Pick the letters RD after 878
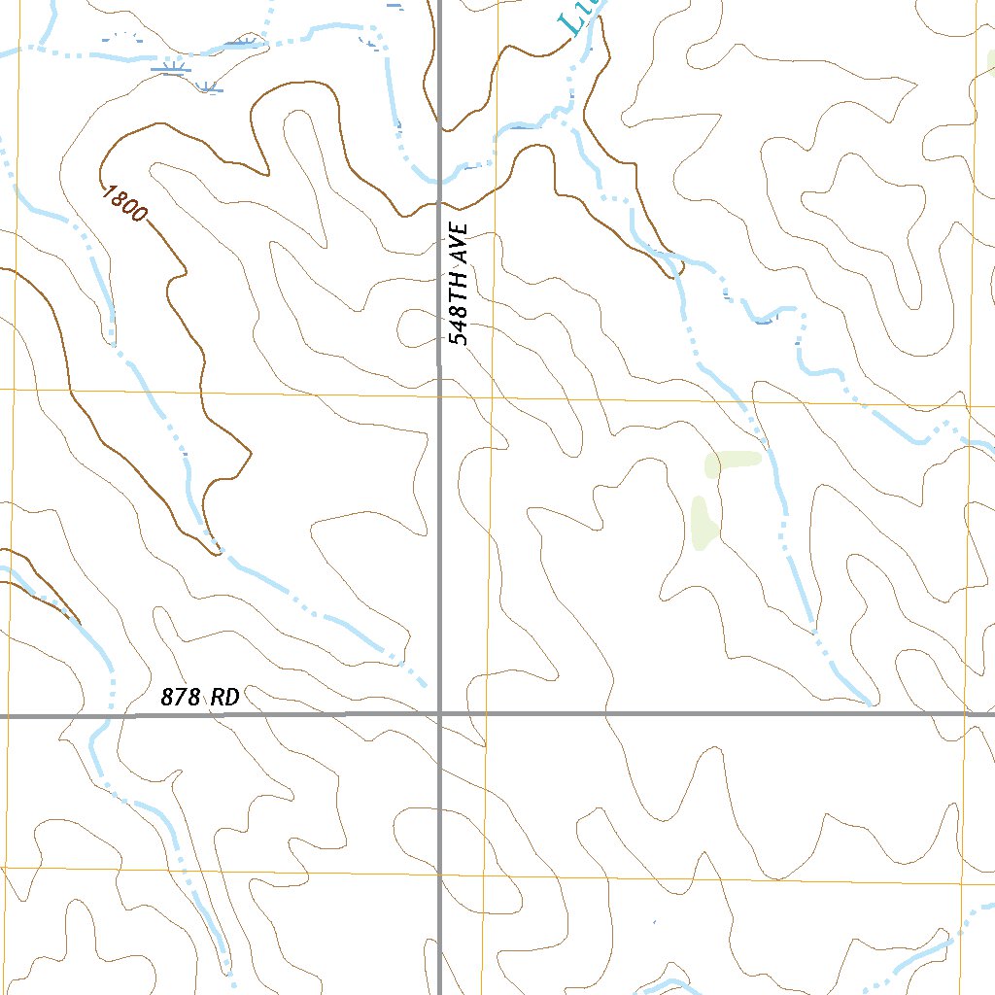click(x=225, y=697)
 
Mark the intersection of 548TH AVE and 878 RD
click(x=439, y=714)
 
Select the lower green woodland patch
click(x=702, y=523)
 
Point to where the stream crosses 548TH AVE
click(x=439, y=180)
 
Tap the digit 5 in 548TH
click(x=460, y=336)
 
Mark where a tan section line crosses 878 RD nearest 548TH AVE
click(x=484, y=714)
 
